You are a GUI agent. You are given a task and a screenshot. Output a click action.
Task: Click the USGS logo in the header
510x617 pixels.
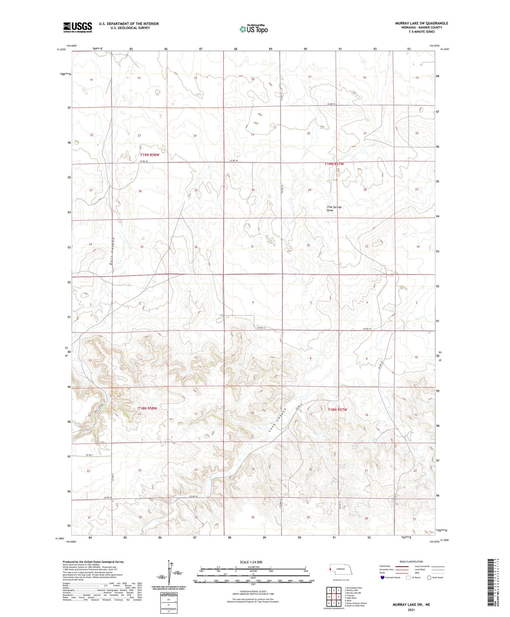[x=78, y=27]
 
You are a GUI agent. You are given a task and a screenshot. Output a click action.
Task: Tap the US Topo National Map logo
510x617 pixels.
[x=253, y=29]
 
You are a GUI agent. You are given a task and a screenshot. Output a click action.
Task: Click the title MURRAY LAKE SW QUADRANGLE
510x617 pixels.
[x=421, y=23]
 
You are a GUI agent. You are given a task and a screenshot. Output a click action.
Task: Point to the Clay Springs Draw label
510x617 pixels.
[x=334, y=208]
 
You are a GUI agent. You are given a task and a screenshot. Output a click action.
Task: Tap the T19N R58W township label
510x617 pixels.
[x=152, y=155]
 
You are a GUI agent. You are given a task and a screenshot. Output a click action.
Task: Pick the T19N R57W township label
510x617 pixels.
[x=334, y=164]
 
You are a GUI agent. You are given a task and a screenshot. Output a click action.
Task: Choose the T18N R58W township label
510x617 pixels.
[x=147, y=408]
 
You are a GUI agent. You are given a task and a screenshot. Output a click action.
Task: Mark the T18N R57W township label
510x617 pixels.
[x=337, y=410]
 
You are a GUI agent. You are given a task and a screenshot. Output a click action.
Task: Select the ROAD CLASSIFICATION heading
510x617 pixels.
[x=412, y=562]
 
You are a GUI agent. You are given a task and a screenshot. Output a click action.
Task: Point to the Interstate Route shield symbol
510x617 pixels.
[x=383, y=577]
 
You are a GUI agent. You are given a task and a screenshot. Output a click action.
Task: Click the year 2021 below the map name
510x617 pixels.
[x=411, y=610]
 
